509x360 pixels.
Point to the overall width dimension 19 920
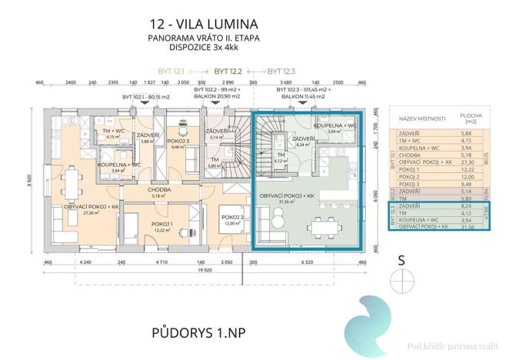click(203, 270)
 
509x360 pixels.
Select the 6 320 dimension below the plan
click(306, 262)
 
